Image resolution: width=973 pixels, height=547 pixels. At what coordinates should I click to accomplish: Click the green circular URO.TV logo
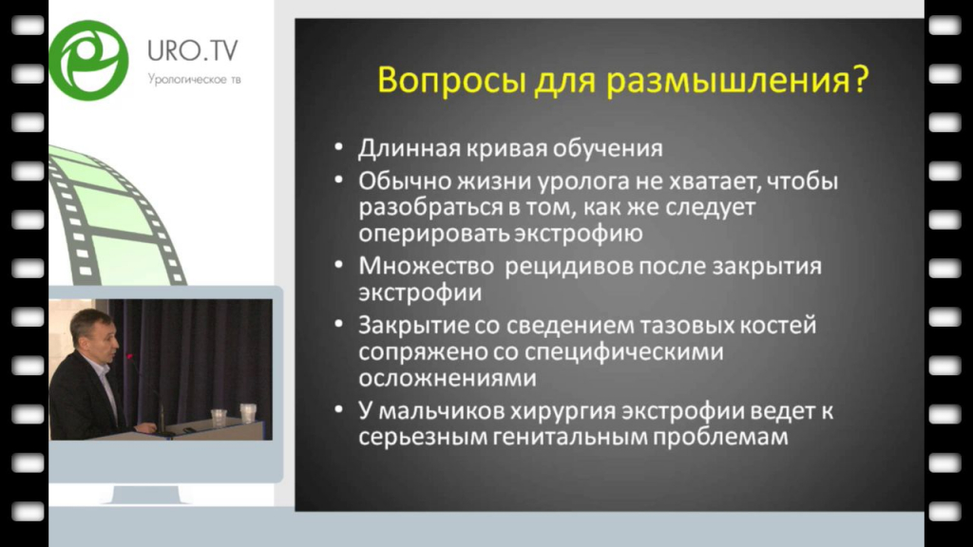tap(88, 60)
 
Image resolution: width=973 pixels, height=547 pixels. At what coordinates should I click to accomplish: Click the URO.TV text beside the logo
tap(192, 51)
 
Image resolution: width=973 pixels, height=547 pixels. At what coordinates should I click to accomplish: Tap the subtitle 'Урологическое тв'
tap(194, 80)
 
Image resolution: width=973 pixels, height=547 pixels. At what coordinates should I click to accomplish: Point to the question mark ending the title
tap(861, 80)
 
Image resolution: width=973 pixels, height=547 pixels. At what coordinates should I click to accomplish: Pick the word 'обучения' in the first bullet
tap(607, 149)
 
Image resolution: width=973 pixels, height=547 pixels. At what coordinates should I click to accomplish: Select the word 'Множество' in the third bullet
tap(426, 266)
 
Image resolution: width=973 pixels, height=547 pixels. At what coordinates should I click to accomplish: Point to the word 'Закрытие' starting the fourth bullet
tap(414, 326)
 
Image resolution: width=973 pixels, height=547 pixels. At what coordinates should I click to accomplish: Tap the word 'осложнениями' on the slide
tap(448, 378)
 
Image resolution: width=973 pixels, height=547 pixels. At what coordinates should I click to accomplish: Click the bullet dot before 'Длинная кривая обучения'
tap(339, 147)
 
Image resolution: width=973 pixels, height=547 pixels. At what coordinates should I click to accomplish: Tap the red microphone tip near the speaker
tap(129, 357)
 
